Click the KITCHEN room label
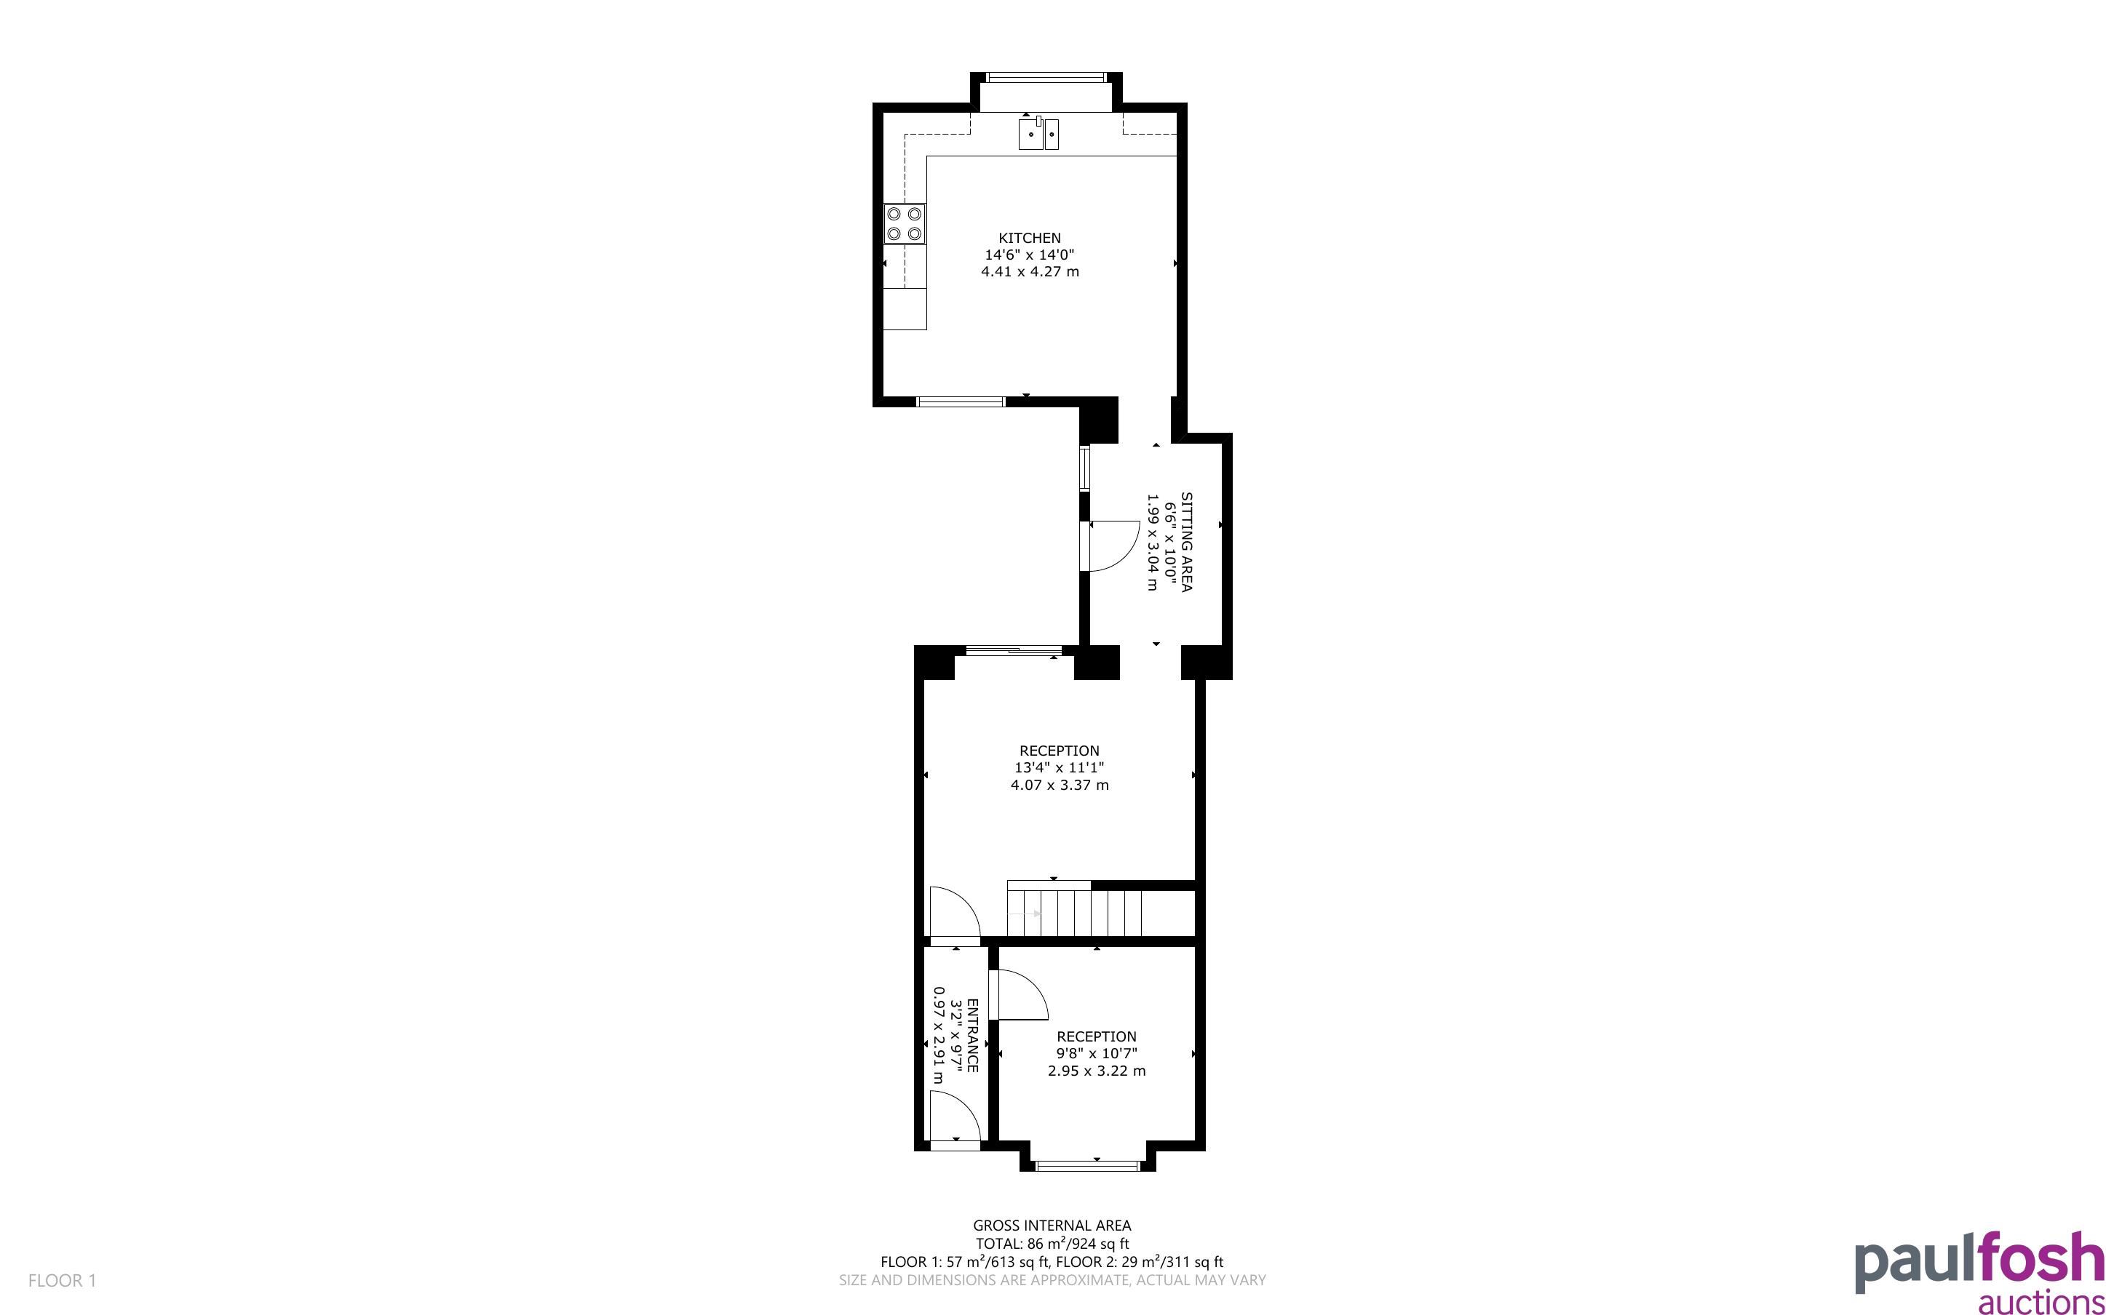[1029, 237]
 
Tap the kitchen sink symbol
[1038, 134]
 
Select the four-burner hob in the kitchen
[905, 223]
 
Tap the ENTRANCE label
[972, 1035]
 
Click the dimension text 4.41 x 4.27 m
[1030, 271]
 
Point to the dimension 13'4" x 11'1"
[1059, 768]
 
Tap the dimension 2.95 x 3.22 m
[1096, 1071]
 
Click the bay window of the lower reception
[1087, 1165]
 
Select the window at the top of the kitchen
[1046, 77]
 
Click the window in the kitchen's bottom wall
[961, 401]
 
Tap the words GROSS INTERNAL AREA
[1052, 1226]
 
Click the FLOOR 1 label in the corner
[63, 1280]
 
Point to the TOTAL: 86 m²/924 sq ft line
[1052, 1244]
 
